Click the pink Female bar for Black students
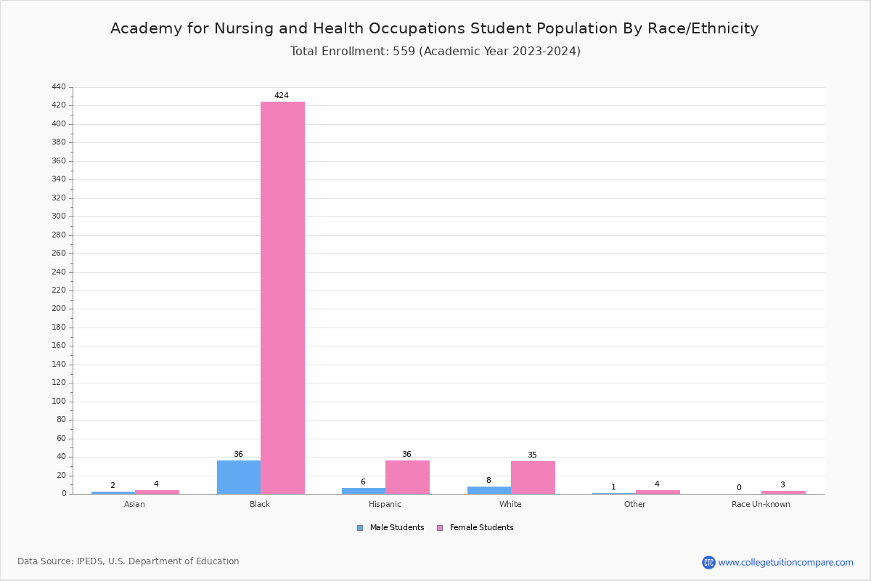coord(282,298)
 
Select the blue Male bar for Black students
coord(239,477)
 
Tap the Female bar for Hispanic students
coord(407,477)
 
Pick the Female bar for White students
coord(533,478)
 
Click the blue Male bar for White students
coord(489,490)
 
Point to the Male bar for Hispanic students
coord(364,491)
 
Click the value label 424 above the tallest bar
coord(282,96)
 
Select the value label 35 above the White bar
coord(532,455)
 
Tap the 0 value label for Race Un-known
coord(739,488)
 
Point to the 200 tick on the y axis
coord(59,309)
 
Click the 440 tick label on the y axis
coord(59,87)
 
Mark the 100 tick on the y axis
coord(59,402)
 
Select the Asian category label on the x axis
coord(134,505)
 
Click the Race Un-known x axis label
coord(761,505)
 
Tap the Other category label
coord(634,505)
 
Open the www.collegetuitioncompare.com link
coord(785,562)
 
